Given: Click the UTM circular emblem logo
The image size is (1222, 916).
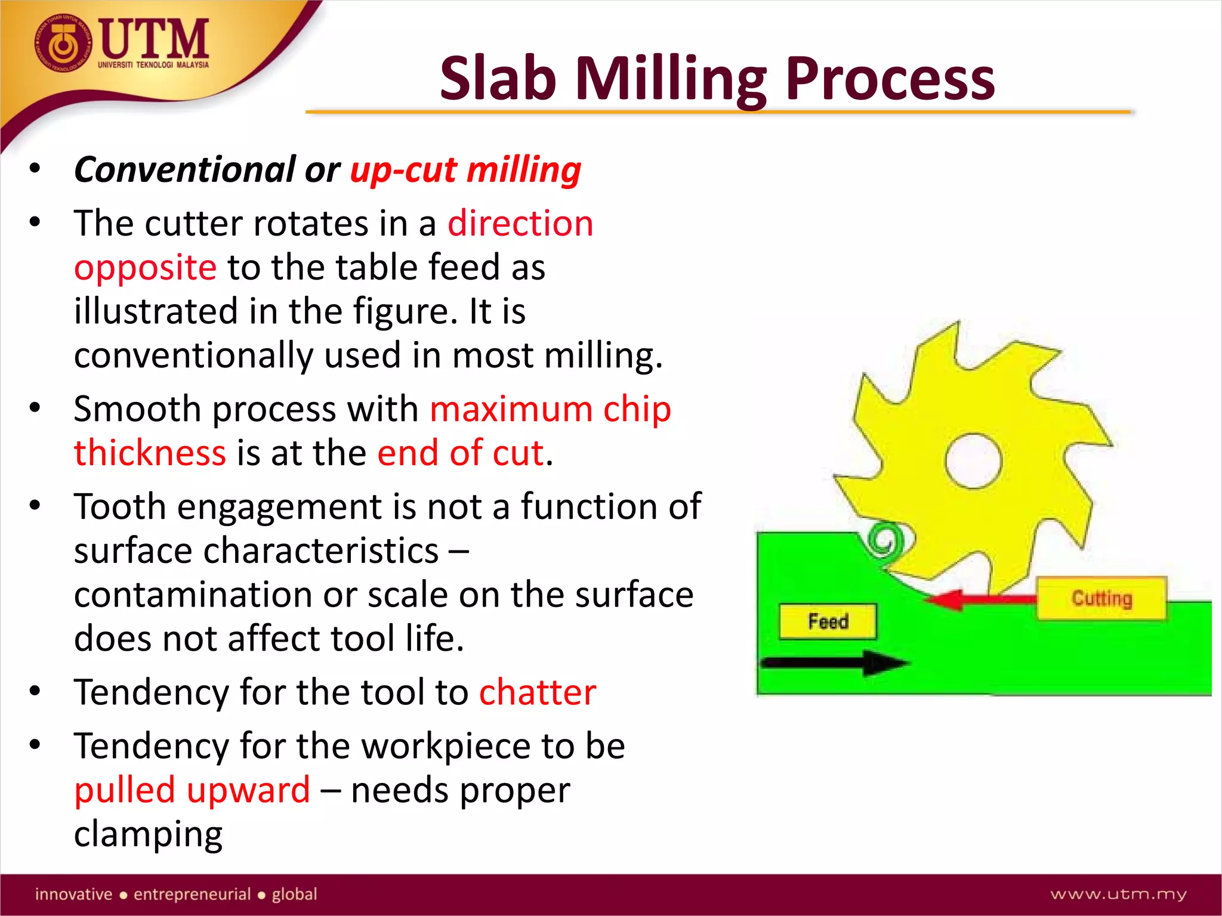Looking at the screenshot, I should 63,45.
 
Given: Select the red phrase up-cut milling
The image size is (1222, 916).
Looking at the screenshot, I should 465,170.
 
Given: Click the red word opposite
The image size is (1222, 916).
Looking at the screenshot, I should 145,267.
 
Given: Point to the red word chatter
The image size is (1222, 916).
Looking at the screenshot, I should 537,692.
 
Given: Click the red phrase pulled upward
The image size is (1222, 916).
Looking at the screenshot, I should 192,790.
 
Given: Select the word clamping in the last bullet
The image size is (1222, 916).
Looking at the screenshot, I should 148,834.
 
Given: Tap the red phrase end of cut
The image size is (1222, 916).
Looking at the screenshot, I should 460,453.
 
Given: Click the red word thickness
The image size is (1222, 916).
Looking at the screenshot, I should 150,453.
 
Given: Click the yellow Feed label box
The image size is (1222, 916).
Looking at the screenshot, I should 828,621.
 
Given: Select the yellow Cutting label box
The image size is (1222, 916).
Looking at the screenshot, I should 1101,598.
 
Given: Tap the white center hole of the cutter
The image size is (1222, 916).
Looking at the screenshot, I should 973,461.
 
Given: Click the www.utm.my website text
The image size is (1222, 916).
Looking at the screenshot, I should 1118,894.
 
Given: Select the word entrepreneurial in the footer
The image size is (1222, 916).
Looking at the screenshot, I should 192,894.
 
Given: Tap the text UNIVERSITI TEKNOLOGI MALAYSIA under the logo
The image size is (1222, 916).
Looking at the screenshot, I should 153,65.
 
